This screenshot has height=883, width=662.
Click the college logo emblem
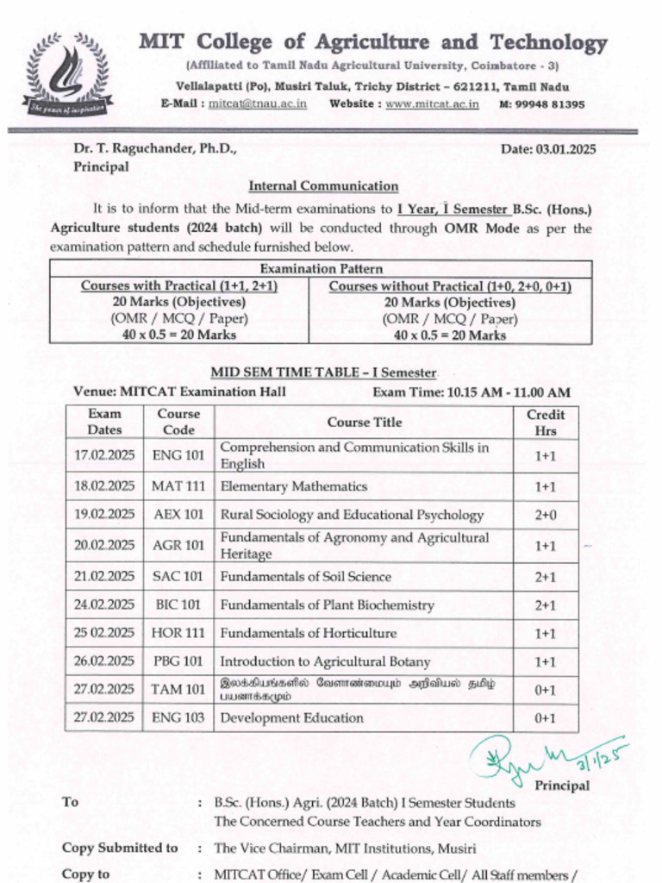(68, 76)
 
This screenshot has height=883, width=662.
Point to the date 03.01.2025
(566, 149)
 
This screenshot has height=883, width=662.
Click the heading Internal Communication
(323, 186)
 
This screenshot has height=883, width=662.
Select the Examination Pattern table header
(322, 269)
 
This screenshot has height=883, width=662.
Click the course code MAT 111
(178, 486)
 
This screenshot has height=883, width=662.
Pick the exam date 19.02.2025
(104, 515)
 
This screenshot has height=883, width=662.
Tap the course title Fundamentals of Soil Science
(305, 577)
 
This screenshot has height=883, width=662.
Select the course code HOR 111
(178, 633)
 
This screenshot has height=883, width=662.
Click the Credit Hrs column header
(546, 423)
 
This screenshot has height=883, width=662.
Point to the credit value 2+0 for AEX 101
(546, 515)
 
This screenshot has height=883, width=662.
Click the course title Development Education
(291, 717)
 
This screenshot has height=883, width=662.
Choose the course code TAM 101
(178, 689)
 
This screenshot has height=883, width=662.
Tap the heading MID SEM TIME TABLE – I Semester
(324, 373)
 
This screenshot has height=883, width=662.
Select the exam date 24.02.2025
(104, 605)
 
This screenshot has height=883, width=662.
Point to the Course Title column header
(364, 423)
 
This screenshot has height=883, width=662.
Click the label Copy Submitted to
(120, 849)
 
